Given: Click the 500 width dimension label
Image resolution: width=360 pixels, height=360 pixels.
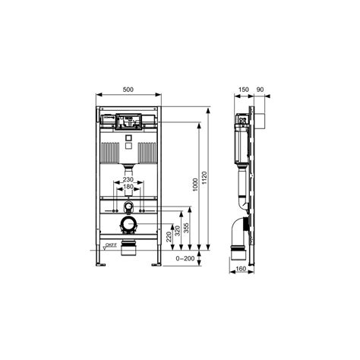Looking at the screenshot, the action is pos(128,90).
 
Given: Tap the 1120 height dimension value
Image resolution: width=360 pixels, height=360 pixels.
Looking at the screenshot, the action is pos(204,178).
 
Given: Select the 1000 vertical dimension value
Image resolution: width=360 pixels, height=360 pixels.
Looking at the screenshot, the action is pos(195,185).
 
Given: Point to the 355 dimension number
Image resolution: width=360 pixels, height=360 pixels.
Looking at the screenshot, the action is pos(186,228).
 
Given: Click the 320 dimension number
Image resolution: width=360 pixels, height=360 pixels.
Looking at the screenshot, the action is pos(178,231).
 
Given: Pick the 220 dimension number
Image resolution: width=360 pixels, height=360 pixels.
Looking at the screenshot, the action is pos(169,237).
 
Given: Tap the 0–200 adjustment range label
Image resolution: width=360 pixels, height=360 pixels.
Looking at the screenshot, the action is pos(185,258).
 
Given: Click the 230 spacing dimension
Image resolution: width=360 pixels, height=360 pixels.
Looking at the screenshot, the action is pos(128,179).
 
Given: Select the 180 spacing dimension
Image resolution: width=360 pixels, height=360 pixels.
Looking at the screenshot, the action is pos(128,187).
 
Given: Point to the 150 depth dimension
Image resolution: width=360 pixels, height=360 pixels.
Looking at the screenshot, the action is pos(244,90).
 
